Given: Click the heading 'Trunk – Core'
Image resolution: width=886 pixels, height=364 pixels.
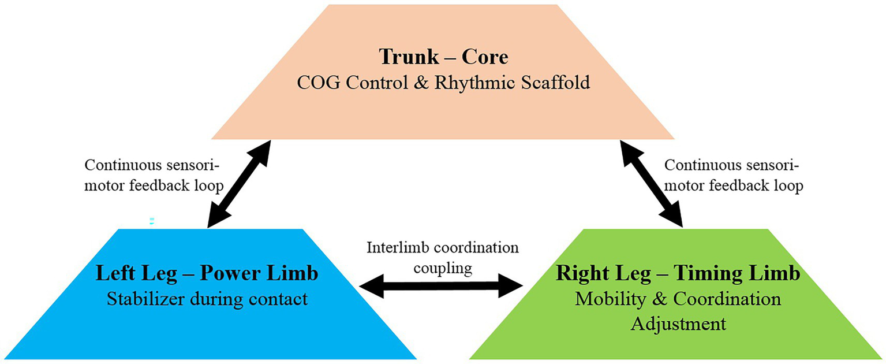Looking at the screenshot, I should [x=443, y=57].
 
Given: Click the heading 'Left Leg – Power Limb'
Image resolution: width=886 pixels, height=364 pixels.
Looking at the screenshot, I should [x=207, y=274].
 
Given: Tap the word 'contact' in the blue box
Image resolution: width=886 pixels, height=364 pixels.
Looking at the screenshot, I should [x=276, y=299].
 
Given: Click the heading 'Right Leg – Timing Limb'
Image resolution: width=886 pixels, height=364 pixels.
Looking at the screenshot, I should [x=678, y=274].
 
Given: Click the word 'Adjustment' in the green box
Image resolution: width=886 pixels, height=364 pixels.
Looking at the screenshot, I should [x=678, y=324].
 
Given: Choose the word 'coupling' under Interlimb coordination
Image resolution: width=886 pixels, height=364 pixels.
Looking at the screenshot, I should [x=443, y=268].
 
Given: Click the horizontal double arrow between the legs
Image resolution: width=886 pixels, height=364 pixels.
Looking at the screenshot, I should [x=440, y=285].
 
